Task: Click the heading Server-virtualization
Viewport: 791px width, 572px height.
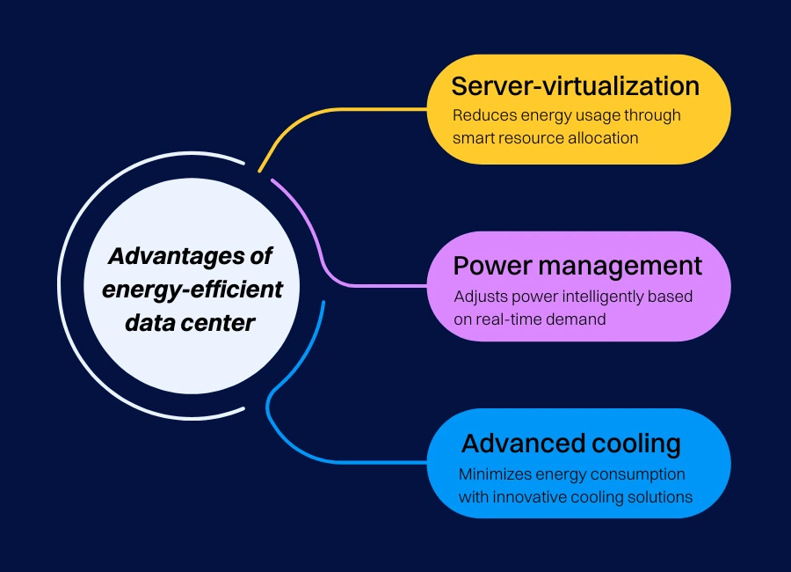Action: coord(576,86)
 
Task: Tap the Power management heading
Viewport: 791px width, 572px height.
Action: coord(577,266)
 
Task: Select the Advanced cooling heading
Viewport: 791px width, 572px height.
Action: coord(571,444)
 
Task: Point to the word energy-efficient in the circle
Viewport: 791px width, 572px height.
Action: coord(192,290)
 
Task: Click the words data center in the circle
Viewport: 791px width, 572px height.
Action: coord(190,322)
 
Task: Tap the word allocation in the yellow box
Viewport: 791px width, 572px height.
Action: coord(602,137)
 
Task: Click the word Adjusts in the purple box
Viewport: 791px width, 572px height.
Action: coord(479,296)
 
